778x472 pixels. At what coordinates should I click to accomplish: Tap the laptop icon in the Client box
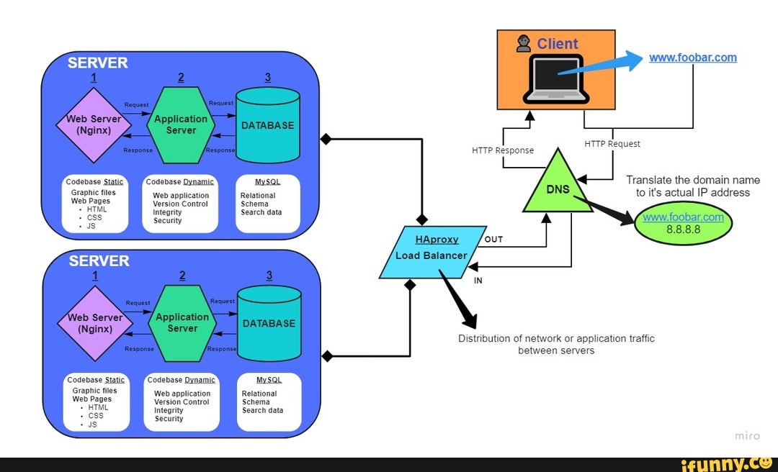[x=556, y=78]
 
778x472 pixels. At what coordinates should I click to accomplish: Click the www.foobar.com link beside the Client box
[x=692, y=58]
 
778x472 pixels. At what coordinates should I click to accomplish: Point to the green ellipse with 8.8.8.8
[x=683, y=223]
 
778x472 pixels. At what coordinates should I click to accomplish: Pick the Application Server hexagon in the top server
[x=181, y=124]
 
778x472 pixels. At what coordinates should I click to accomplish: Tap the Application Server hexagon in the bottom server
[x=182, y=322]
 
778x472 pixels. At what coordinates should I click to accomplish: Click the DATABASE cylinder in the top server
[x=267, y=125]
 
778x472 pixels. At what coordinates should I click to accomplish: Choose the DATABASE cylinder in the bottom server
[x=269, y=323]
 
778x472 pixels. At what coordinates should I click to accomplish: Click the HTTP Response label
[x=503, y=150]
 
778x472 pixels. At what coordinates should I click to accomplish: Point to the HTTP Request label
[x=612, y=144]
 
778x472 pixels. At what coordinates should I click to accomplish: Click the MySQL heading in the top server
[x=267, y=182]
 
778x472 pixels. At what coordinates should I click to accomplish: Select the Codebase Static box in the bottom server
[x=95, y=401]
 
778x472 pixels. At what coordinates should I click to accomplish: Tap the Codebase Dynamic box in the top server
[x=180, y=204]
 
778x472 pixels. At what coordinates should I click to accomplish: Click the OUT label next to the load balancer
[x=493, y=240]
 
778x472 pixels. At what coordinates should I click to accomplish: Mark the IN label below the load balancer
[x=478, y=281]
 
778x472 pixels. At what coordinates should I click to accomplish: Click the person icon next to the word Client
[x=524, y=44]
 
